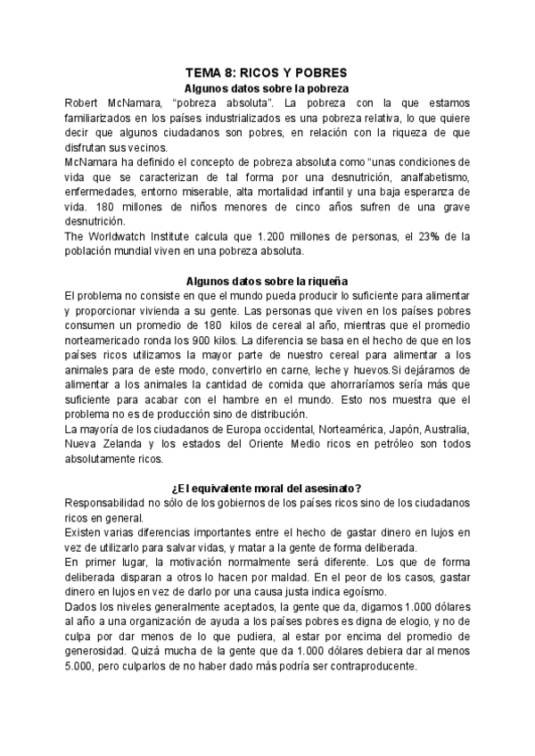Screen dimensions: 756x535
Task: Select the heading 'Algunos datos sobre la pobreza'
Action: point(265,88)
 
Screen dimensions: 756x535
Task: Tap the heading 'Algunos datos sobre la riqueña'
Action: point(266,280)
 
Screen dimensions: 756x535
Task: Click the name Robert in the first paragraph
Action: point(84,103)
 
